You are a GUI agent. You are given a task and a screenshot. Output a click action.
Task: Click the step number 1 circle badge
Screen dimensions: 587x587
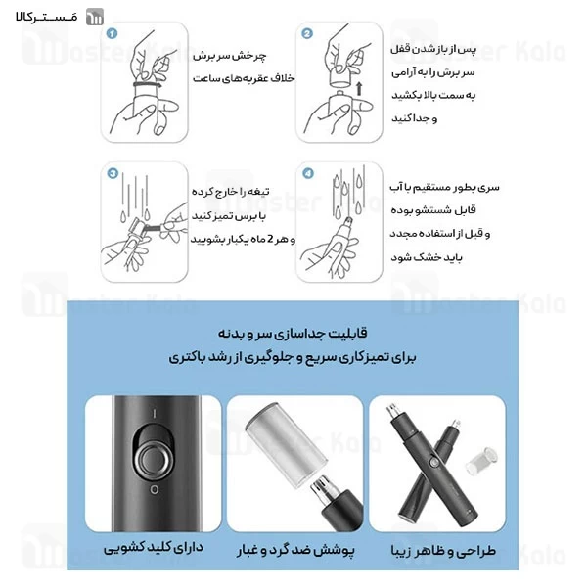(112, 33)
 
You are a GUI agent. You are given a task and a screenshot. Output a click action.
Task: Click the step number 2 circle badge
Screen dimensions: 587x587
(307, 33)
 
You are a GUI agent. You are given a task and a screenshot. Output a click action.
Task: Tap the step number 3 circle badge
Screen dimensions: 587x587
(112, 175)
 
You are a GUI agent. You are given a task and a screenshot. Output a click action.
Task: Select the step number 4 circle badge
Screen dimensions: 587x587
(307, 175)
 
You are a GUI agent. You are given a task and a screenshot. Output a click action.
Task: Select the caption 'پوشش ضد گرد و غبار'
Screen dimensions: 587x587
(293, 550)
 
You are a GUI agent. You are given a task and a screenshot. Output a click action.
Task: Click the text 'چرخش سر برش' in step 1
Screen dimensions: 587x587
(238, 58)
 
